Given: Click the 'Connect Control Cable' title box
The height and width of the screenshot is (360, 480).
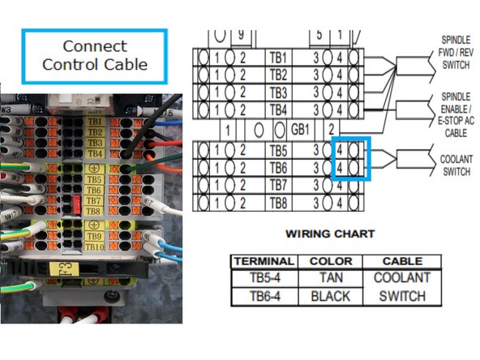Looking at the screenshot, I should [95, 55].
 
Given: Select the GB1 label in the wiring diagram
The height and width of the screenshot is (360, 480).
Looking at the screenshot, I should [299, 130].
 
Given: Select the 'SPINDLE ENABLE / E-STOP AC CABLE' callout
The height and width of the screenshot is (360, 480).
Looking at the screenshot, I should [456, 114].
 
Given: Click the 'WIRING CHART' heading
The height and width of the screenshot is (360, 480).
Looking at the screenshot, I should [330, 234].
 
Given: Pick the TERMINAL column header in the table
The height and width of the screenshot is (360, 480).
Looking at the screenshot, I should [263, 261].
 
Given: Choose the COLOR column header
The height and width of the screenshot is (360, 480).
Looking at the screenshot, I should [331, 261].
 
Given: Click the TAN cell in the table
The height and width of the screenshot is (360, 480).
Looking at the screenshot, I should [331, 277].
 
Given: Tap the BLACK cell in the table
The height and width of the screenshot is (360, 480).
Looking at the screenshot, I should [331, 295].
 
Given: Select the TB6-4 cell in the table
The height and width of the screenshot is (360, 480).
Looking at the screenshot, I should [263, 295].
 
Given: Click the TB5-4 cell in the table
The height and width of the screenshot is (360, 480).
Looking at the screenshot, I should [263, 277].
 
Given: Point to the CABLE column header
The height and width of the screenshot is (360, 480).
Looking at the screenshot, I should [402, 261].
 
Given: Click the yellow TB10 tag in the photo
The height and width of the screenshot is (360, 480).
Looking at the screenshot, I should [94, 246].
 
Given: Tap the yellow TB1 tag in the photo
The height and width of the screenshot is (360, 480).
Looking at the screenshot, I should [94, 120].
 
